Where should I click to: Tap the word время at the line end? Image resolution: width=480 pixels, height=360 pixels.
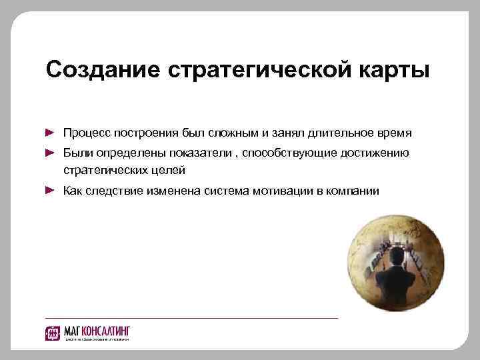(393, 133)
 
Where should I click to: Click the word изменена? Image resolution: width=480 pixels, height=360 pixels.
(171, 191)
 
